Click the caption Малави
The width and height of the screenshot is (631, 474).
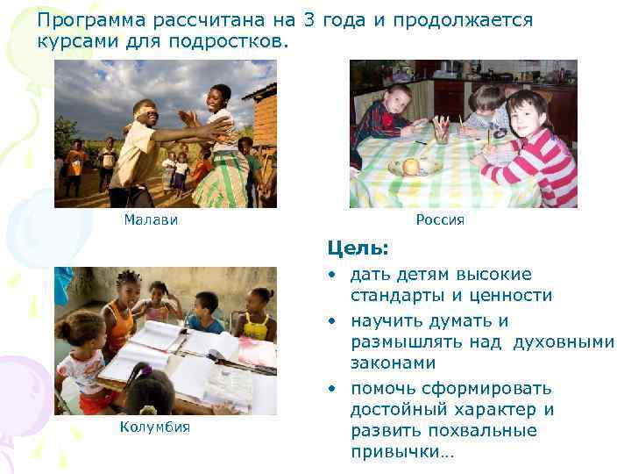[x=151, y=220]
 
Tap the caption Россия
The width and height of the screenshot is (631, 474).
[x=440, y=220]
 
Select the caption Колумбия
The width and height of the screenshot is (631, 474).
[x=153, y=427]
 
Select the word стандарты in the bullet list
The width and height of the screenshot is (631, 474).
[x=397, y=296]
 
